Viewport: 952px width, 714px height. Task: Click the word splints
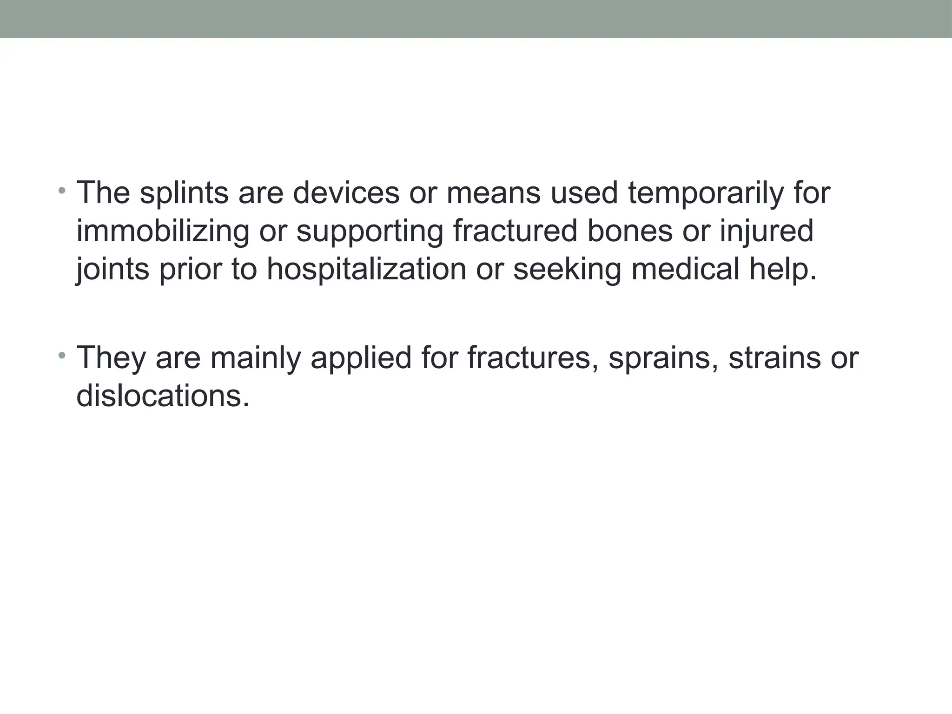click(184, 193)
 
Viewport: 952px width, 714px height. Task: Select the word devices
click(345, 193)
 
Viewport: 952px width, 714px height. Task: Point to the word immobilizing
click(163, 231)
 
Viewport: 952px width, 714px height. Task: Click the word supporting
click(370, 231)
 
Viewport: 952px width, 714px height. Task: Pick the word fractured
click(515, 231)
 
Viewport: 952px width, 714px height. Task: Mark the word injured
click(767, 231)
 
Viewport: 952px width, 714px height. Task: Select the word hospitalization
click(366, 269)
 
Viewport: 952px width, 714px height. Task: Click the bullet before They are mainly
click(62, 356)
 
